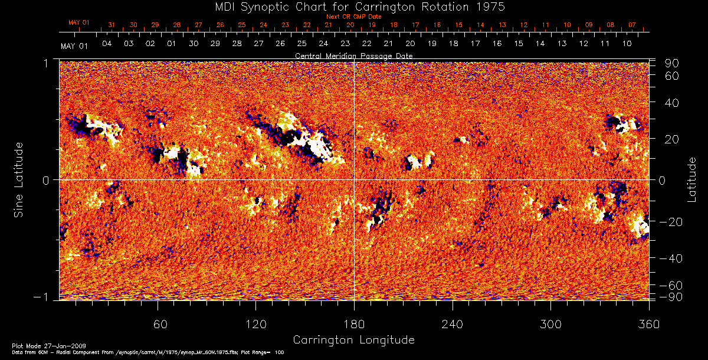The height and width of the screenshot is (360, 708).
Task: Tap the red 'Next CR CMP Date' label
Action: point(353,17)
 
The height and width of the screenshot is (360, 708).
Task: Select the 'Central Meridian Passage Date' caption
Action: point(353,55)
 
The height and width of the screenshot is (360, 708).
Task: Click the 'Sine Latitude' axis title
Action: point(19,179)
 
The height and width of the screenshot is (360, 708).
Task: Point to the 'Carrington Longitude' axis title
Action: point(353,340)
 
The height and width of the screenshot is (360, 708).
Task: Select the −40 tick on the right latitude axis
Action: point(671,258)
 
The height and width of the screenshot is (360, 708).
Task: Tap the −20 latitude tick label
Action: point(671,222)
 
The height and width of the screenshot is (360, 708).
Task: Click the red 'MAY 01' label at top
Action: point(78,23)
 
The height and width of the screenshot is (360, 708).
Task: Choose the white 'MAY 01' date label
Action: point(74,46)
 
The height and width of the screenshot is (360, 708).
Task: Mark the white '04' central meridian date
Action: point(107,44)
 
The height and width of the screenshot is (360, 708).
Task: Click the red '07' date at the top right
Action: point(632,25)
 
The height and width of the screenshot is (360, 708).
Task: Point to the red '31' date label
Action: point(111,25)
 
